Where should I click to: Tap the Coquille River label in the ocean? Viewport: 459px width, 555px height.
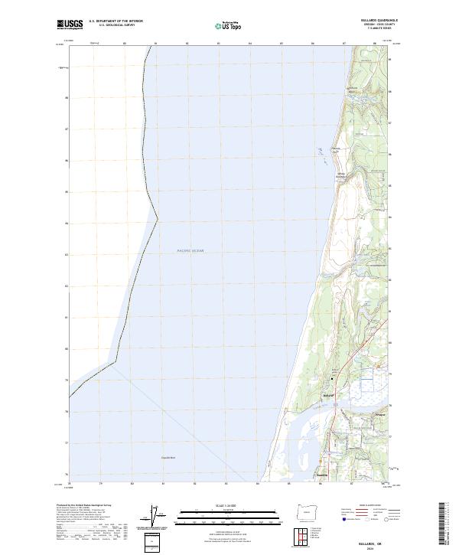(169, 458)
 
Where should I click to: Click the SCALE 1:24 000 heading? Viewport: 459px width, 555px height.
(229, 505)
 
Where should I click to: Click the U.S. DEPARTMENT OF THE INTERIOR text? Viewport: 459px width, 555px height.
(116, 21)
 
